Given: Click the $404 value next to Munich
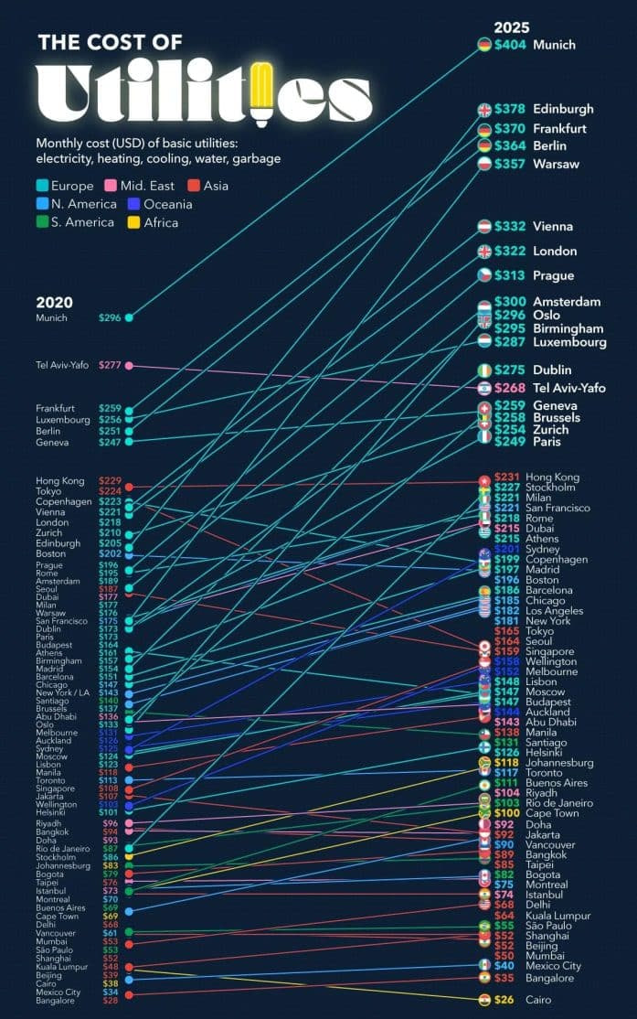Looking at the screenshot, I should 510,44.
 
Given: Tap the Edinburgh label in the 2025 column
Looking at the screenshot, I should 563,109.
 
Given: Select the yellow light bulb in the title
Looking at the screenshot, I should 262,91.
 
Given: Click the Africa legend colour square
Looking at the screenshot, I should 133,222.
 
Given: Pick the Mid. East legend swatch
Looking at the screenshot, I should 133,186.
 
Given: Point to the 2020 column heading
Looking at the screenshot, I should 55,303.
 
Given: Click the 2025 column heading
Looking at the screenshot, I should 512,27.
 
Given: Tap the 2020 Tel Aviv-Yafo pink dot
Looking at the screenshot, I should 129,366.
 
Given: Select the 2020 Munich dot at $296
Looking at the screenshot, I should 129,317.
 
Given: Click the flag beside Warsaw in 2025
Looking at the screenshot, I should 484,164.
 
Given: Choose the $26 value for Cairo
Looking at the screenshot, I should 504,1000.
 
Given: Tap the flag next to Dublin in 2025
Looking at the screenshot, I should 484,370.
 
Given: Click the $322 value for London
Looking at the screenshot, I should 510,251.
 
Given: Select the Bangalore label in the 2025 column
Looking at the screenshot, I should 550,978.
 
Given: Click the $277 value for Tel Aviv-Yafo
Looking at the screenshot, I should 110,366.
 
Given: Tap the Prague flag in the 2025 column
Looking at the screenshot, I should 484,275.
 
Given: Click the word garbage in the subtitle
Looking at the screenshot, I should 255,159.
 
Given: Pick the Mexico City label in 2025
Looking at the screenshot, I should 553,965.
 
